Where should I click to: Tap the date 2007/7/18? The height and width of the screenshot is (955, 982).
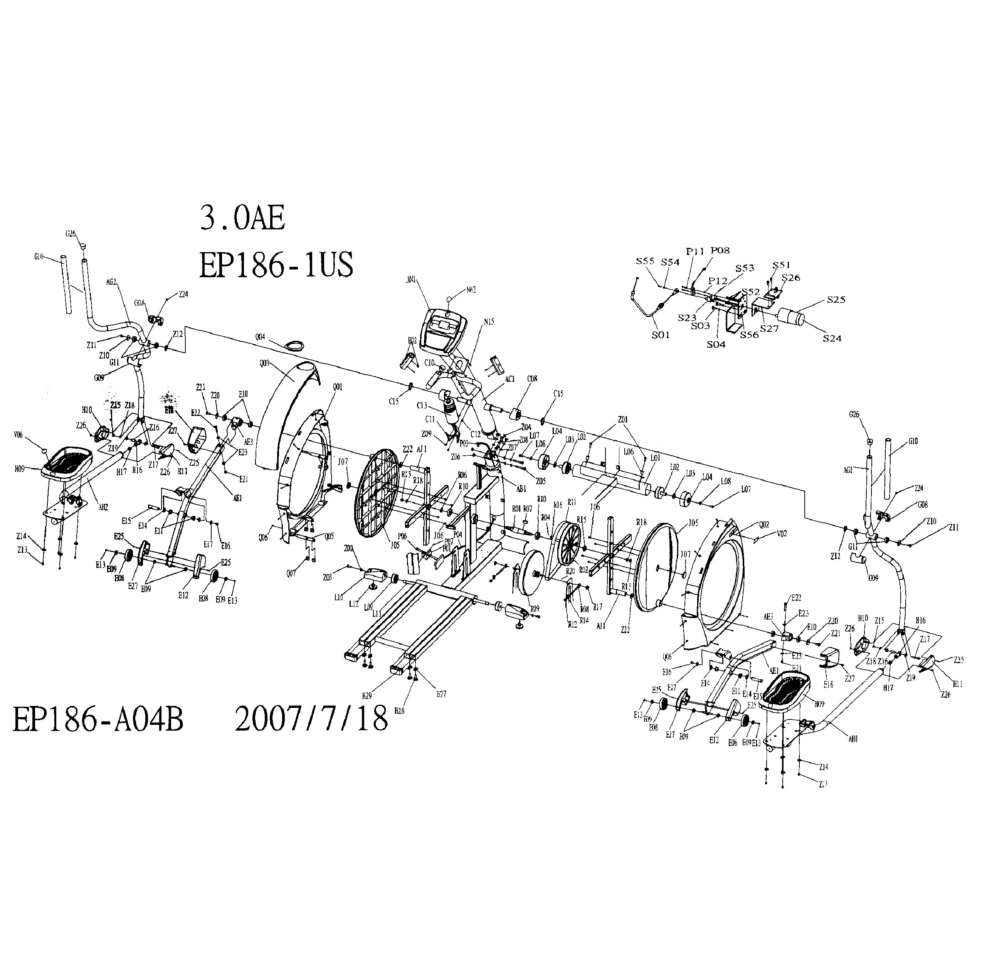pos(311,719)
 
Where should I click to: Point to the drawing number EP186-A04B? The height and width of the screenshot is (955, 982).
pos(98,720)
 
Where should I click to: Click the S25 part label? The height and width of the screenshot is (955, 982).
pos(836,300)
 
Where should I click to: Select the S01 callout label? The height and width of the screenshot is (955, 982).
pos(661,335)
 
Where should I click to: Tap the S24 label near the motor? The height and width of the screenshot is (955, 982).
pos(832,338)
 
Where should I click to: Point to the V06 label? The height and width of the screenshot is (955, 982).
pos(18,435)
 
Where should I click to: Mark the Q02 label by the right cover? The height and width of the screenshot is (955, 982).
pos(764,525)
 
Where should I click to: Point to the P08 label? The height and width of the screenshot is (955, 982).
pos(720,250)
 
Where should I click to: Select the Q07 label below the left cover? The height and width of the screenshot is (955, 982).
pos(291,573)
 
